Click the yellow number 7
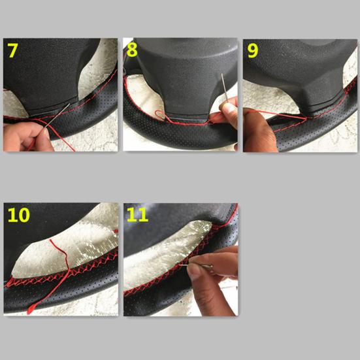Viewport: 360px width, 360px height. click(x=12, y=50)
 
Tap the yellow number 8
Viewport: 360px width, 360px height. click(x=132, y=50)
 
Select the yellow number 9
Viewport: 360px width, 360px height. click(x=253, y=51)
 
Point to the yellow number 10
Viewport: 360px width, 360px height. click(x=18, y=215)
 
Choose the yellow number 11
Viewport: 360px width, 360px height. click(x=137, y=215)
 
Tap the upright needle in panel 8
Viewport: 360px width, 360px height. click(x=224, y=87)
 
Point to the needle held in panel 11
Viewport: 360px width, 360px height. click(x=196, y=266)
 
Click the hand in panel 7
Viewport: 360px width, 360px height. click(x=25, y=137)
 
